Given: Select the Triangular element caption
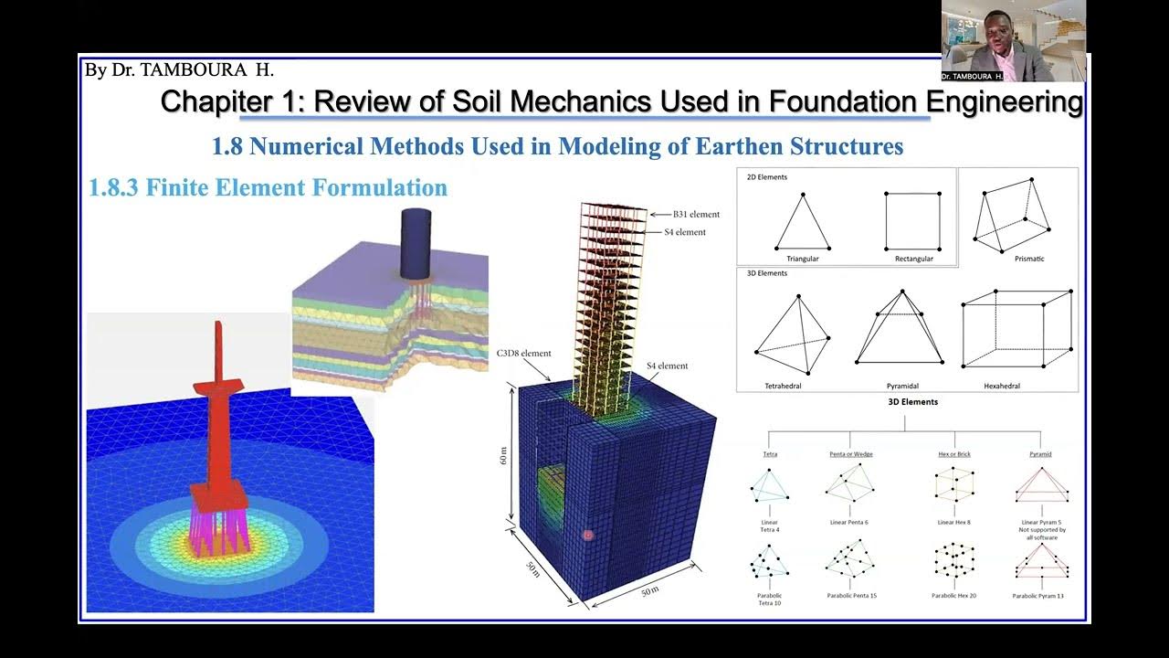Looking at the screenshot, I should [802, 259].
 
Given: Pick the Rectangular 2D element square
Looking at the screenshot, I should [911, 220].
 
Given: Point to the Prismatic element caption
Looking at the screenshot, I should [1028, 259].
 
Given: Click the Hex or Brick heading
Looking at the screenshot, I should [955, 453].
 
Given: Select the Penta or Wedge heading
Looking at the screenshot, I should [848, 453].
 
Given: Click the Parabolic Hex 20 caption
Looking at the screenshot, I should [954, 596].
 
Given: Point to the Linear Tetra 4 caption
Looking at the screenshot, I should [770, 525].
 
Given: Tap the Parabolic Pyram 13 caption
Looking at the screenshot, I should [1038, 596].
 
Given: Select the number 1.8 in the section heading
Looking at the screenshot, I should [227, 146].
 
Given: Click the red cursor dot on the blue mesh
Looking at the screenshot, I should [588, 535].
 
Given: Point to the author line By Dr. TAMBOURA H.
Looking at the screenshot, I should [179, 69].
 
